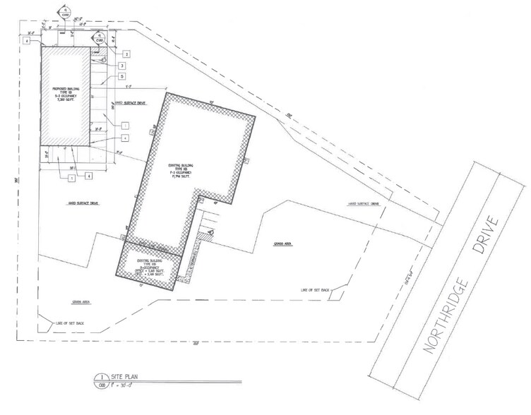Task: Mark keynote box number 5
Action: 122,76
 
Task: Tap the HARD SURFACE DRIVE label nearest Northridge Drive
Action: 364,203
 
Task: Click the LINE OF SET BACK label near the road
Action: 316,291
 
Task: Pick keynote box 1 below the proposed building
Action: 72,179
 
